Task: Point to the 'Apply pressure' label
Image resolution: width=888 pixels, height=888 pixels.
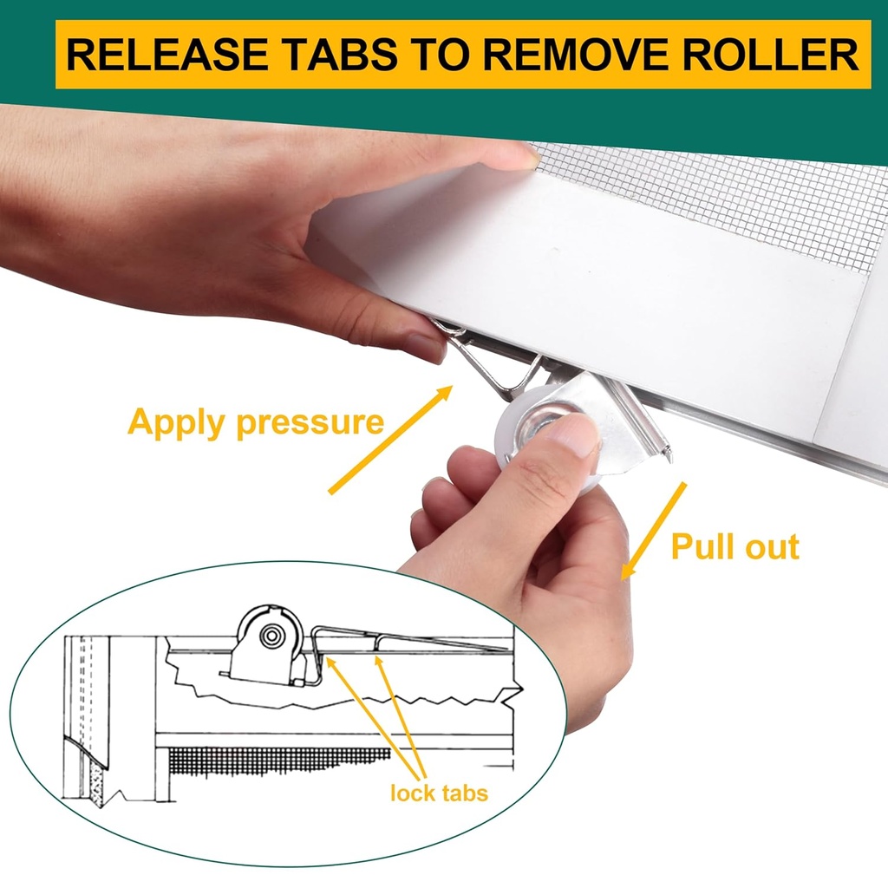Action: coord(255,423)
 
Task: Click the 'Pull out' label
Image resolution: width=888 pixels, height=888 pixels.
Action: coord(735,547)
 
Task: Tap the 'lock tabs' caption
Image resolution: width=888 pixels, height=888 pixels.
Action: coord(439,793)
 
